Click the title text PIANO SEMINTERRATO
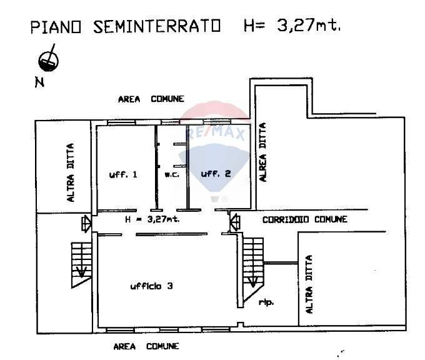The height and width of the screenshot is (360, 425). (x=126, y=27)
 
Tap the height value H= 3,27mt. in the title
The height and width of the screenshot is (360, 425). (x=291, y=26)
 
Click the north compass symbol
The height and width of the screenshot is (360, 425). (x=49, y=59)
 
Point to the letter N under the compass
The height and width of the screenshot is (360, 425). (x=39, y=82)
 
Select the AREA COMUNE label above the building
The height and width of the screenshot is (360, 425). (x=151, y=99)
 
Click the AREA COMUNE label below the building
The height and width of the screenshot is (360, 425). (x=146, y=346)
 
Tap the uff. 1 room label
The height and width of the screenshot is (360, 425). (x=123, y=174)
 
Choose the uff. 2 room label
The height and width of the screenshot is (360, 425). (x=216, y=174)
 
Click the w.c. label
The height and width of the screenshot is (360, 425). (x=172, y=174)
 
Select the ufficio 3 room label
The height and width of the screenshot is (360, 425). (x=152, y=286)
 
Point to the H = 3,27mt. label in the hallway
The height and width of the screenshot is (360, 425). (x=152, y=219)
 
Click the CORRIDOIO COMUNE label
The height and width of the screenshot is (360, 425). (x=304, y=219)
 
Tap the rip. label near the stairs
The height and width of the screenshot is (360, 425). (x=266, y=302)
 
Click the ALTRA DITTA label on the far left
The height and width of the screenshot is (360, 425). (x=71, y=173)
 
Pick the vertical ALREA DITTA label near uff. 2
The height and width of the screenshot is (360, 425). (x=263, y=152)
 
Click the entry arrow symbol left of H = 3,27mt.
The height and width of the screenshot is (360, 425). (x=86, y=222)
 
